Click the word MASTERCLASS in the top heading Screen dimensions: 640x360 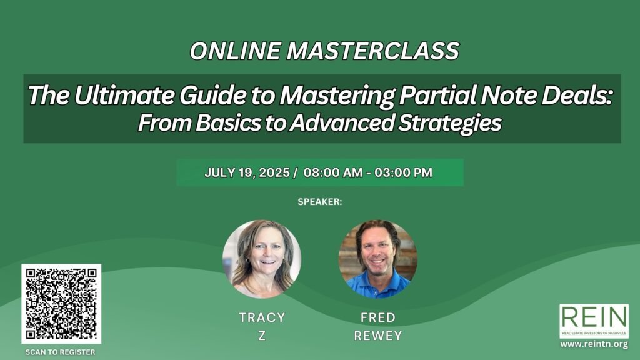click(x=373, y=51)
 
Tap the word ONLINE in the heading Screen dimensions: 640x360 click(x=235, y=51)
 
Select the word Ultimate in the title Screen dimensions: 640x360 click(x=125, y=95)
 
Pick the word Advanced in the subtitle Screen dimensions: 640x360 click(x=342, y=123)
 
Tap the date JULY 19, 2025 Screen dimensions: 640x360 click(x=247, y=172)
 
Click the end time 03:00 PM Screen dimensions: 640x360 click(x=403, y=172)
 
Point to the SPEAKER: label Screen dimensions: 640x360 click(x=320, y=202)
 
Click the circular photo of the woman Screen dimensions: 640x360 click(x=262, y=259)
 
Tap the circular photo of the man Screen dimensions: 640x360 click(x=378, y=259)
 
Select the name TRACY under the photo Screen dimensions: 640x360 click(x=262, y=317)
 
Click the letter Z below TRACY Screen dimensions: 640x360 click(x=262, y=336)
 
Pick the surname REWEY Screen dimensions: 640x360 click(x=378, y=336)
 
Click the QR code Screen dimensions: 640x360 click(x=61, y=304)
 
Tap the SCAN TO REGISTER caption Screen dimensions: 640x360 click(x=61, y=352)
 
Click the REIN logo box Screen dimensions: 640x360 click(x=594, y=321)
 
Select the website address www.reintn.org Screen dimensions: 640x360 click(x=594, y=344)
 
